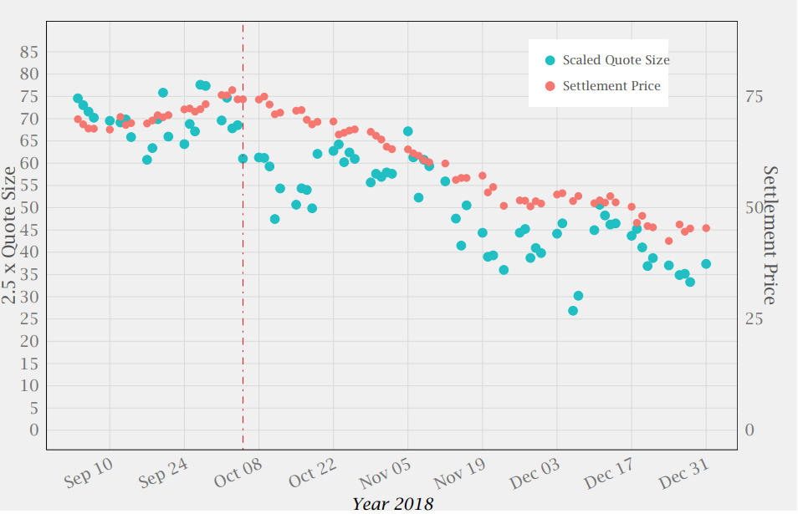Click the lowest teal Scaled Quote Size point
click(x=573, y=310)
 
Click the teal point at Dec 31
click(x=706, y=263)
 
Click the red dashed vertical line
click(x=243, y=251)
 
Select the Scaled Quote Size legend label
click(x=616, y=60)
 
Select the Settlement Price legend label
click(x=611, y=86)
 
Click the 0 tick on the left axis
click(x=34, y=430)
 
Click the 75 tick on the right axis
click(x=754, y=96)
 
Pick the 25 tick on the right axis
click(x=754, y=318)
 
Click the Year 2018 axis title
click(x=392, y=503)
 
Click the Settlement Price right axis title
click(x=771, y=235)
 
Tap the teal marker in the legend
click(x=550, y=60)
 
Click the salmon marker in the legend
click(x=550, y=86)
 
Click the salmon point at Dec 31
click(x=706, y=227)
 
